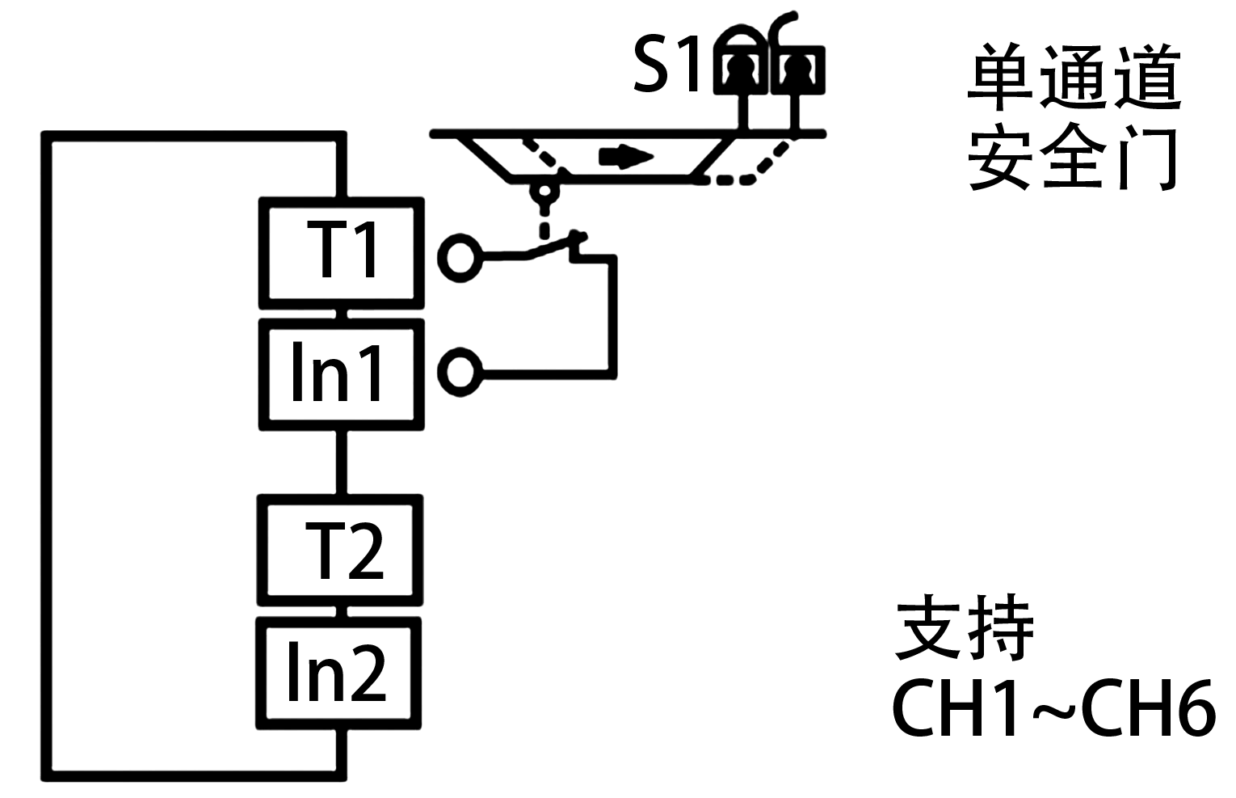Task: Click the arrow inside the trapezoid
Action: (x=625, y=157)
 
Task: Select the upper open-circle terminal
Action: (x=460, y=258)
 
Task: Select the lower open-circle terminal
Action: (x=460, y=372)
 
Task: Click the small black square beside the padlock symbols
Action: (x=665, y=63)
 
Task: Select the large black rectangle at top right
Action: (x=1074, y=116)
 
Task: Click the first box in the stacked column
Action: (x=341, y=253)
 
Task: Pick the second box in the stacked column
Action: (x=341, y=374)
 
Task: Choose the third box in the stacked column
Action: (x=340, y=550)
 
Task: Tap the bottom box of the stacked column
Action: (x=338, y=673)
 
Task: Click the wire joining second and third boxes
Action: (x=341, y=462)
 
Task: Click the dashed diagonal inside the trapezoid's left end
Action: (x=540, y=154)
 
